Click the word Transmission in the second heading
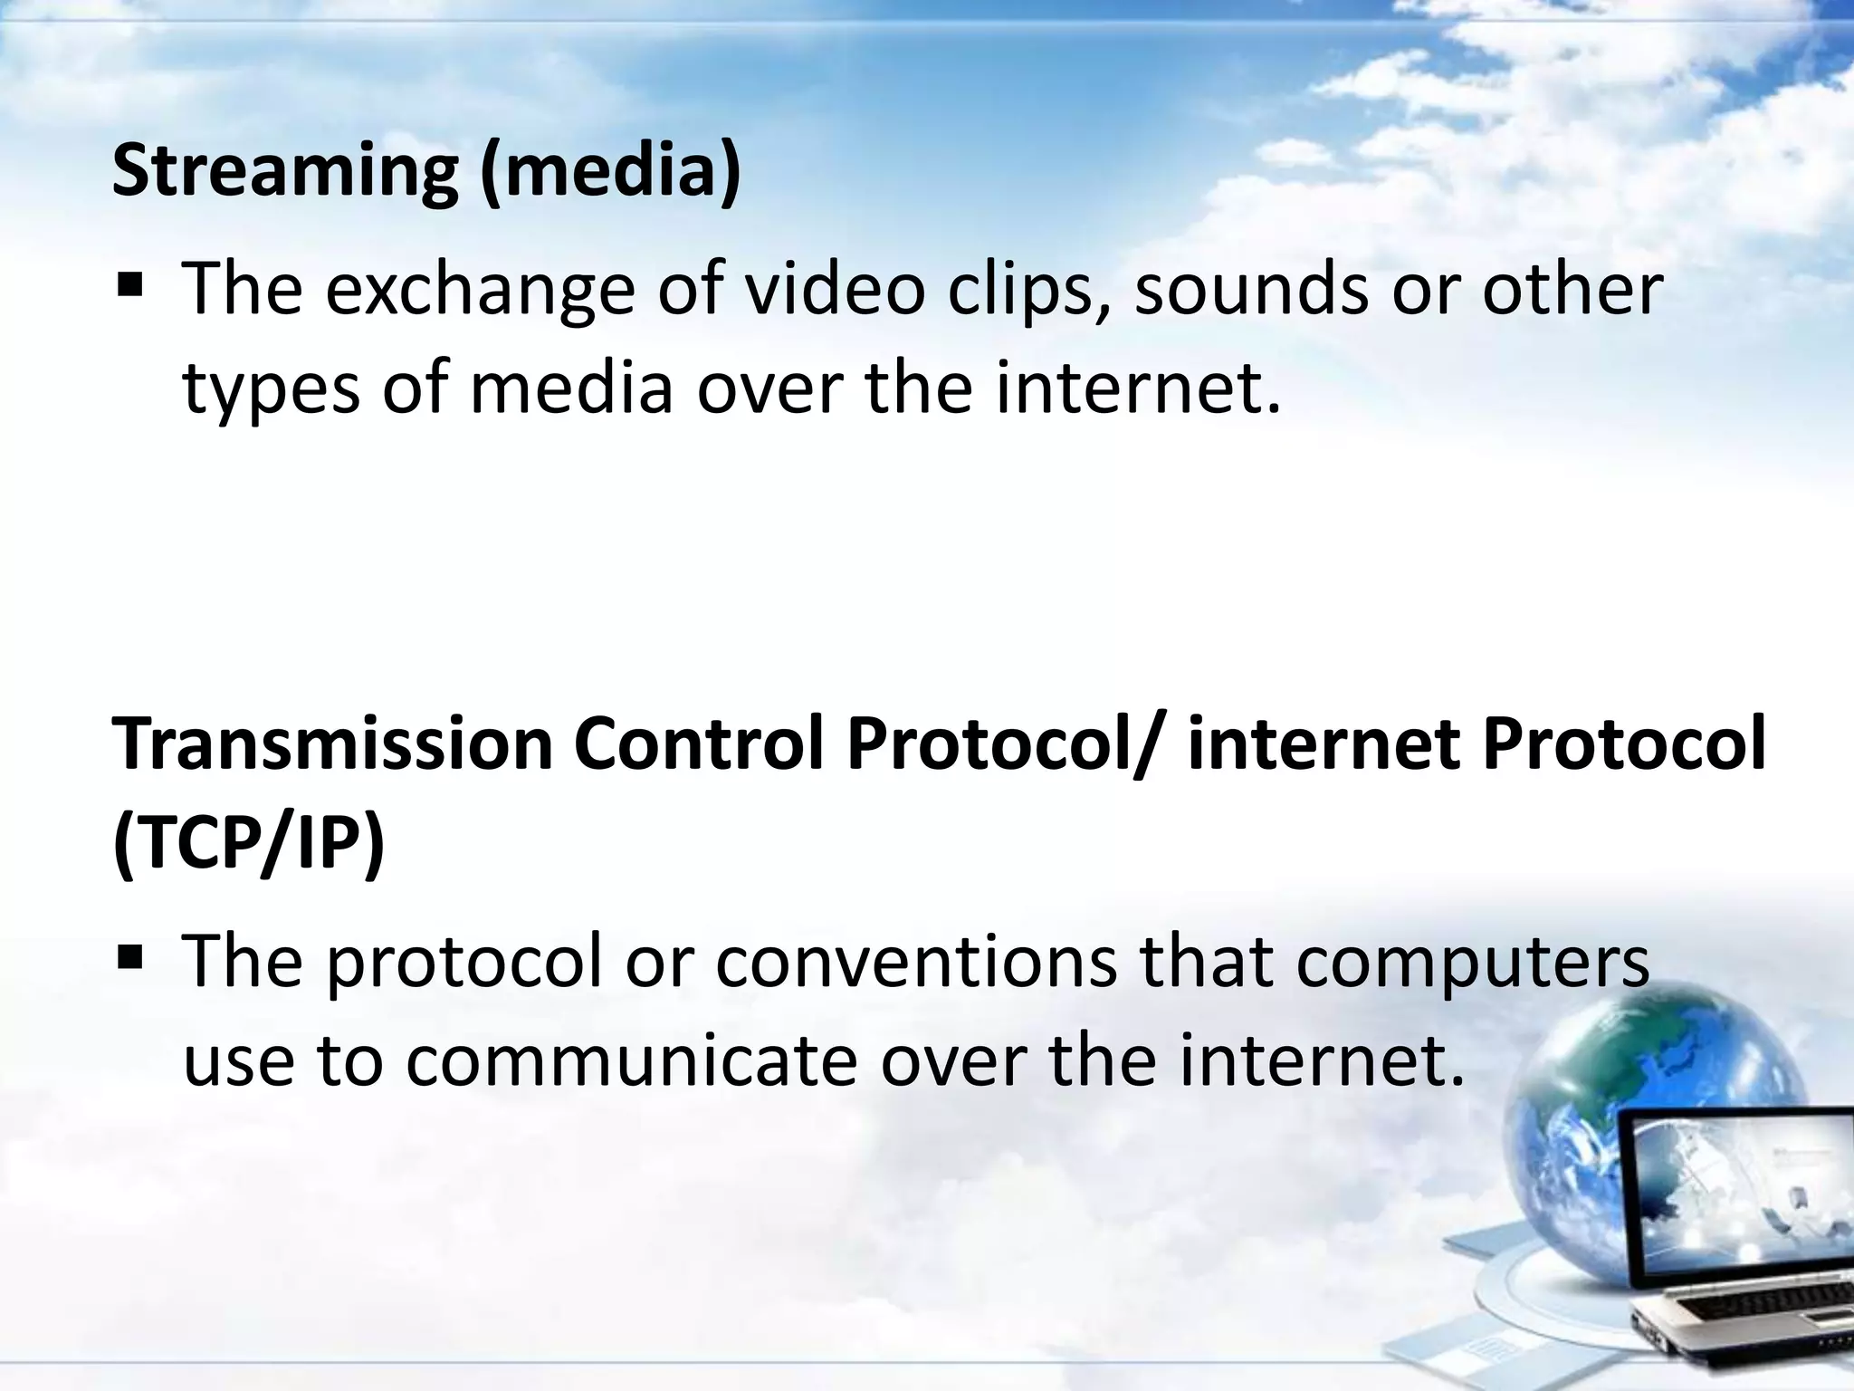pos(332,744)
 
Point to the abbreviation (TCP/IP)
pos(249,848)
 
